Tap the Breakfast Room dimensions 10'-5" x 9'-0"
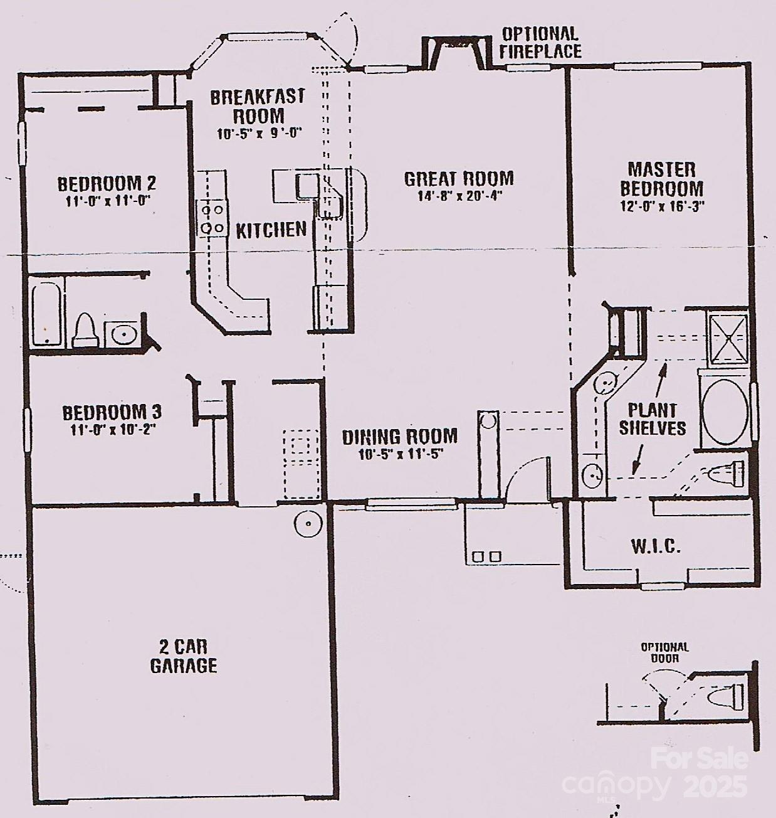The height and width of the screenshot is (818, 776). pyautogui.click(x=259, y=134)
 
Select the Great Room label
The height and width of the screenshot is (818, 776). pyautogui.click(x=459, y=179)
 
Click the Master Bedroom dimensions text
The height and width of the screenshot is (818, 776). pyautogui.click(x=662, y=207)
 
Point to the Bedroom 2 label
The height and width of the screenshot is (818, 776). pyautogui.click(x=107, y=184)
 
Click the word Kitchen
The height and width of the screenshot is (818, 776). pyautogui.click(x=271, y=230)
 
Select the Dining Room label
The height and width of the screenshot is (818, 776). pyautogui.click(x=399, y=437)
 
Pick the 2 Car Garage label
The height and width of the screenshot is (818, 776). pyautogui.click(x=184, y=657)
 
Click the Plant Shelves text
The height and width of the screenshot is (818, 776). pyautogui.click(x=652, y=419)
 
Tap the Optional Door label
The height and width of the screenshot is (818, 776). pyautogui.click(x=664, y=652)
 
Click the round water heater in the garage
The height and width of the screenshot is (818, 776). pyautogui.click(x=308, y=524)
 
